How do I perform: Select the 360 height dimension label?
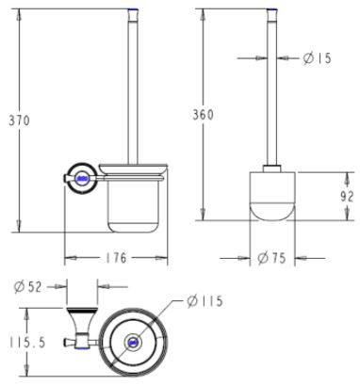[203, 114]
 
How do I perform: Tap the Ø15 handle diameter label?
[319, 58]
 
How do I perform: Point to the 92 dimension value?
[346, 196]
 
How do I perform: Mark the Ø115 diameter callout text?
[205, 301]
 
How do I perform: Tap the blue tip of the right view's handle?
[273, 11]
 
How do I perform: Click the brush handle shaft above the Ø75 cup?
[273, 94]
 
